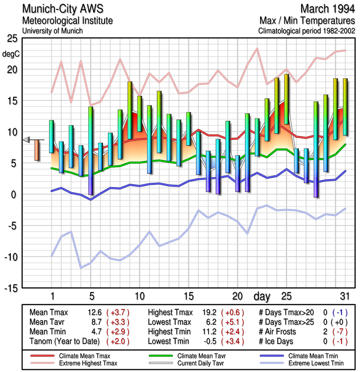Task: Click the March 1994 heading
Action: [x=327, y=8]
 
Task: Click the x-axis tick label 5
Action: [x=92, y=296]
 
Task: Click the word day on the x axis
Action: [x=263, y=296]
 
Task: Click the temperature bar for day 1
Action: [x=52, y=136]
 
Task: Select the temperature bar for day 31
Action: [x=345, y=107]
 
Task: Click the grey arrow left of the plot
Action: [x=26, y=139]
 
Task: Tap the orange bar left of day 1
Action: [x=37, y=150]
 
